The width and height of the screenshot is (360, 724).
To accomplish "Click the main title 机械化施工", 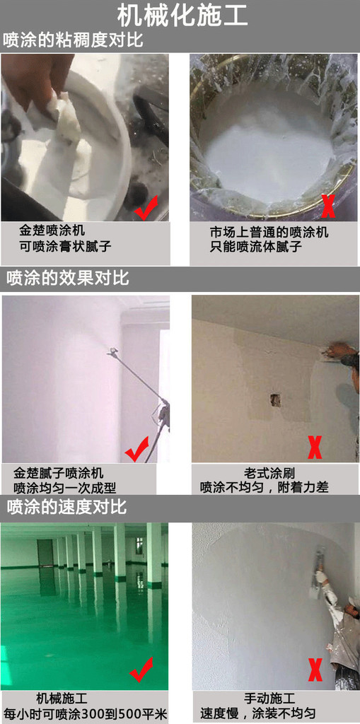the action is (182, 16).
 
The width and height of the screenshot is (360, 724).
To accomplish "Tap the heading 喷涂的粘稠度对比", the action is (73, 40).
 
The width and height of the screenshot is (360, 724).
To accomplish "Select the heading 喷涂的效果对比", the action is (67, 279).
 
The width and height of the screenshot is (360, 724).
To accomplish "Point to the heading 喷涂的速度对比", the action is (66, 506).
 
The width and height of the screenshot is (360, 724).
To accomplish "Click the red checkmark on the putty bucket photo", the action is (146, 207).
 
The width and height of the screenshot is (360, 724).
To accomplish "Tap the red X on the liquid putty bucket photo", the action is (327, 206).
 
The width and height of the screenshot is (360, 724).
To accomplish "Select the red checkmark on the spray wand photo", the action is (137, 449).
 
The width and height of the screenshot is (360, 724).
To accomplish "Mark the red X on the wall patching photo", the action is (315, 448).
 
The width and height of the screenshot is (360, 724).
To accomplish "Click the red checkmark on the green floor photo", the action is (141, 670).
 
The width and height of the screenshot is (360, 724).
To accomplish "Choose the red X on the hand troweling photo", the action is (315, 670).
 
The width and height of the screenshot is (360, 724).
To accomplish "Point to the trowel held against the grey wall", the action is (320, 561).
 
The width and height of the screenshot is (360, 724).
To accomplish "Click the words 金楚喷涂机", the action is (52, 230).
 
